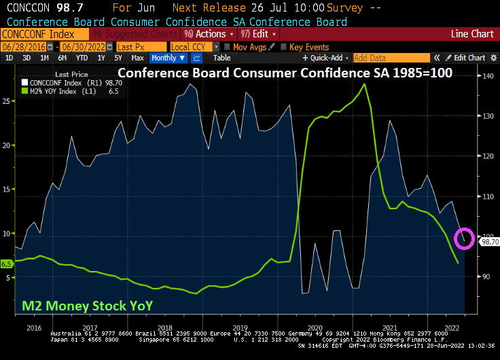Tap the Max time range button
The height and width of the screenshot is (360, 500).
137,58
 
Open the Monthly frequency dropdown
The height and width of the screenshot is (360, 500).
168,58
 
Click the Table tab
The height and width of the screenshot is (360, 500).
222,58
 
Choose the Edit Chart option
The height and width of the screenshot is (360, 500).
469,58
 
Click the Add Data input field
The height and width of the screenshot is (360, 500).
391,58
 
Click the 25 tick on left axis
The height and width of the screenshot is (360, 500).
6,101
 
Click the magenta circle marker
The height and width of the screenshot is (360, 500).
467,237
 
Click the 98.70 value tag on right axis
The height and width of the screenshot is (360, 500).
489,241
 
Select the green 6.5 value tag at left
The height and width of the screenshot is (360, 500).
7,264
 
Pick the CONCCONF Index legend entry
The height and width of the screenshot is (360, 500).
61,83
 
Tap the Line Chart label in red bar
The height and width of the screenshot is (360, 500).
472,34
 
